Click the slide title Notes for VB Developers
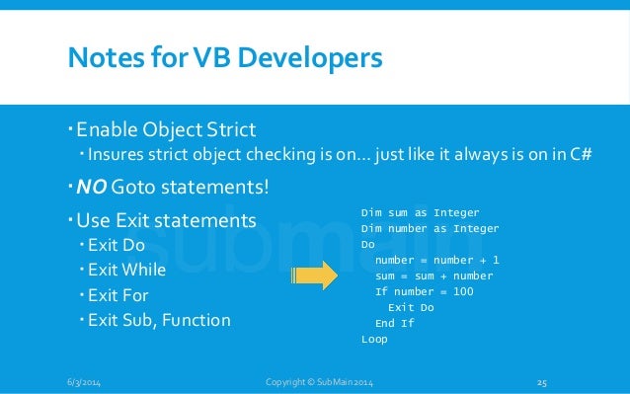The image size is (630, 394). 223,58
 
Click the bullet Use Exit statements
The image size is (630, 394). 166,218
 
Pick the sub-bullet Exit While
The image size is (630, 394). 126,269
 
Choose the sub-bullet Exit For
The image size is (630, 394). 118,294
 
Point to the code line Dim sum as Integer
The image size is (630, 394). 420,212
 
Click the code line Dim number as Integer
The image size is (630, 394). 430,228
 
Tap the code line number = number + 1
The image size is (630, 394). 436,260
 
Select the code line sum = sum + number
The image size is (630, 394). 433,276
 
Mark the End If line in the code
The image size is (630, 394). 395,323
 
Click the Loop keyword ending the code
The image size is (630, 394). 374,339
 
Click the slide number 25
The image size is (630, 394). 541,382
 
